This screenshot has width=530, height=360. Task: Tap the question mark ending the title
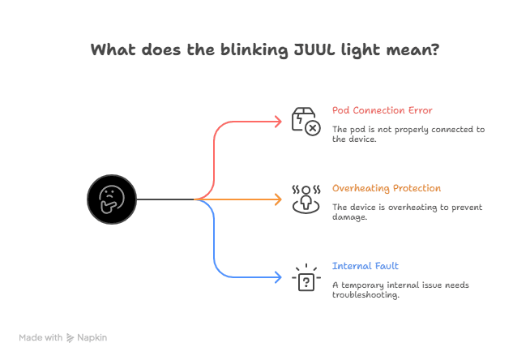(x=435, y=49)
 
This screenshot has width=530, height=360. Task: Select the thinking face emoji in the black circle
(x=112, y=199)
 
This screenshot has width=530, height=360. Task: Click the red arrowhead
(x=278, y=122)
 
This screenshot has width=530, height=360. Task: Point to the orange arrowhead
(x=278, y=199)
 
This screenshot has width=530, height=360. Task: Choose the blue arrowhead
(x=278, y=277)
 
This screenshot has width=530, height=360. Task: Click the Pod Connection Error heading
(x=383, y=110)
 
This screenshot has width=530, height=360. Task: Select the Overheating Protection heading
(x=387, y=188)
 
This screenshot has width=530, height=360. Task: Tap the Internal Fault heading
(x=365, y=266)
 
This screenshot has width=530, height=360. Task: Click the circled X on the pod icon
(x=313, y=128)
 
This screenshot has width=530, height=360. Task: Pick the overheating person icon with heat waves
(x=306, y=199)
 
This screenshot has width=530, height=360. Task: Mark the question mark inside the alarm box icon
(x=306, y=282)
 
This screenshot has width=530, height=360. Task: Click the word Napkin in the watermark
(x=92, y=337)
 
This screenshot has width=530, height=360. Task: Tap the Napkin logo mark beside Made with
(x=70, y=337)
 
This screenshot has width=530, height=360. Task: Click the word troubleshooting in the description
(x=365, y=295)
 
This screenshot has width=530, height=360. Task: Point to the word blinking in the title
(x=254, y=50)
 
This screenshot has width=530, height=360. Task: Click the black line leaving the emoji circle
(x=165, y=199)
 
